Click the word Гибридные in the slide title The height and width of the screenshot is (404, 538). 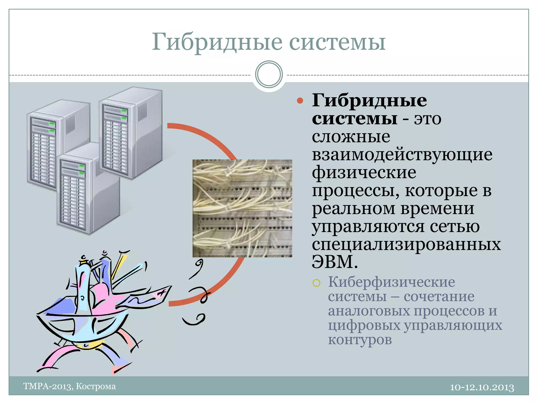(217, 42)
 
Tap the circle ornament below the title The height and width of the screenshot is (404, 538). (269, 74)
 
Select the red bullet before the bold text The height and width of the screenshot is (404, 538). (300, 101)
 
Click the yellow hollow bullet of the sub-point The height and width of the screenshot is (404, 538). (316, 283)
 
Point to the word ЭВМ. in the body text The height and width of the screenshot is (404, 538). (335, 262)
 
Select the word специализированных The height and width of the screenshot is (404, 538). (406, 244)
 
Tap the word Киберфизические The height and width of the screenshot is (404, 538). (391, 282)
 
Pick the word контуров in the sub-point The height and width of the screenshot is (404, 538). (360, 340)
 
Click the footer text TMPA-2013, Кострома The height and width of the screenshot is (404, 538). (69, 386)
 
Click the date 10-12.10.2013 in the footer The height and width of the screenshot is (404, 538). (482, 387)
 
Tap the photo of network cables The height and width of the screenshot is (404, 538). (242, 208)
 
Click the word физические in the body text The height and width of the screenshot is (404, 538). (364, 173)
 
